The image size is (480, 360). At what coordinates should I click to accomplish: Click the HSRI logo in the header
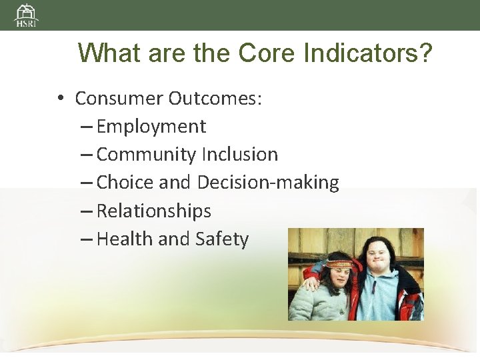[27, 15]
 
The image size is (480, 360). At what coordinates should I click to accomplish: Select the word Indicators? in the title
[367, 53]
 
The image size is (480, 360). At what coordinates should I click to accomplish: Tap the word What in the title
[110, 53]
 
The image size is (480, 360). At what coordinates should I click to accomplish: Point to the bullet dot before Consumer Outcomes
[60, 99]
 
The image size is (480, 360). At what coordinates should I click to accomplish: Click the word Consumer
[119, 99]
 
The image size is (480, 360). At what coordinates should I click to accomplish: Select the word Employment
[151, 127]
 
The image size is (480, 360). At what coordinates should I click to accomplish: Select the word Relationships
[154, 211]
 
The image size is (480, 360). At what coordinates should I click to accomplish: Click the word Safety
[222, 239]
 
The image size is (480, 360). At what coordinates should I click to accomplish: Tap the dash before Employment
[87, 127]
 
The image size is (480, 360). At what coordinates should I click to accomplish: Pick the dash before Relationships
[87, 211]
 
